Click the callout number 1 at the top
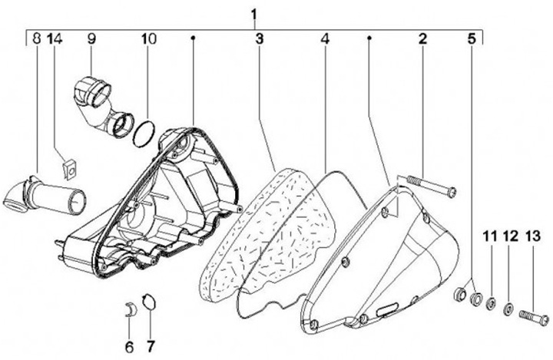pos(255,14)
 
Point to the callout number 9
pos(90,38)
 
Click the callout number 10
pos(147,38)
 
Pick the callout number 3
pos(260,38)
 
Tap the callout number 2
pos(422,38)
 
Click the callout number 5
pos(471,38)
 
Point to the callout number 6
pos(128,345)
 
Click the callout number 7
pos(151,345)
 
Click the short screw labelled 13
pos(533,315)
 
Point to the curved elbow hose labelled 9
pos(100,104)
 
